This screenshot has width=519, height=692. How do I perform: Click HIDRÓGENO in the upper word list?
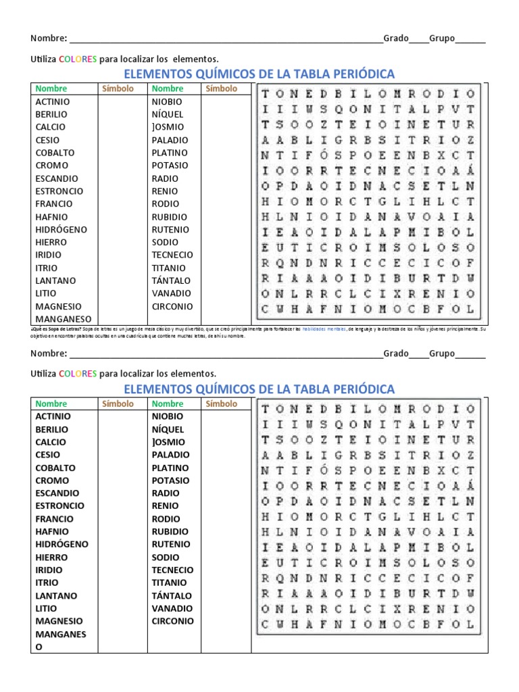point(61,229)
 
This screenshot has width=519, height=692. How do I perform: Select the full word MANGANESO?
point(64,319)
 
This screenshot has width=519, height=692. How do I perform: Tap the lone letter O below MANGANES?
point(39,647)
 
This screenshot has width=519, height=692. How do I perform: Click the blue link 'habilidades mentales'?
point(328,329)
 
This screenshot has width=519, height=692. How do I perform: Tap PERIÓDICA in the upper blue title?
point(362,74)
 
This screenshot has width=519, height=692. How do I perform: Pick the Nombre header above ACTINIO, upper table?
point(51,89)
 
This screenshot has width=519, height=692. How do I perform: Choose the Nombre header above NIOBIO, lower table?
point(168,403)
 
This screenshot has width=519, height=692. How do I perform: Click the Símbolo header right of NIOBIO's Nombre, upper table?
point(221,89)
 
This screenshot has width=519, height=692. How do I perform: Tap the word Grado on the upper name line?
point(396,38)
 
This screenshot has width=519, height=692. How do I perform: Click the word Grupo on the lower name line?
point(442,353)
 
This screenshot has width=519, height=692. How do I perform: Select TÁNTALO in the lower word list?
point(171,595)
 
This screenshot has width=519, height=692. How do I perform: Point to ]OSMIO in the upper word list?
point(168,127)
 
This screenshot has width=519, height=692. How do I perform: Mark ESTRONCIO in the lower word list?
point(60,505)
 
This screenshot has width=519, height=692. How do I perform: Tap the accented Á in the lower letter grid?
point(470,485)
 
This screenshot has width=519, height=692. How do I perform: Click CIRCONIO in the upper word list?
point(172,305)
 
